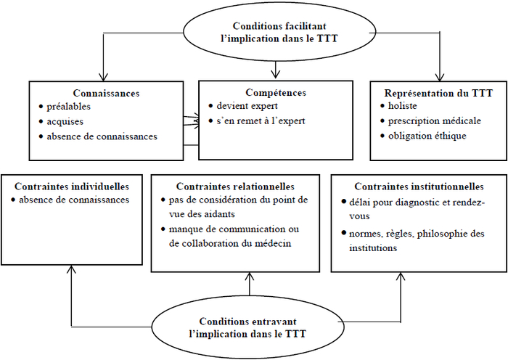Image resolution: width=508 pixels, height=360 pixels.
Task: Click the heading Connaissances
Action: click(106, 94)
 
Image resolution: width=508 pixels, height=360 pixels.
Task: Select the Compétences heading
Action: click(276, 93)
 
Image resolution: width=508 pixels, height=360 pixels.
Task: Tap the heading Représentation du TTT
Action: click(438, 93)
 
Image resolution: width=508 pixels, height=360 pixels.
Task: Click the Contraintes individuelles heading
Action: click(72, 187)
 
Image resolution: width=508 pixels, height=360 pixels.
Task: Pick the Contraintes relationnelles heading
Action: click(235, 187)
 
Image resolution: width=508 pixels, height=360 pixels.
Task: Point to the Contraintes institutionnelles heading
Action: click(419, 187)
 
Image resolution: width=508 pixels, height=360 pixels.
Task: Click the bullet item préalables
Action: click(69, 107)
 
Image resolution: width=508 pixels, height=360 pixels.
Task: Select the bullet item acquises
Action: click(65, 122)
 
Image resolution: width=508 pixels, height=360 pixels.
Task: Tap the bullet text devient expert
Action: click(247, 106)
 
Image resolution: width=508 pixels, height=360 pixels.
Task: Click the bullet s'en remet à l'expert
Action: click(261, 121)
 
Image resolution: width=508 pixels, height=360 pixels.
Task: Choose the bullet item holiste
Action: click(403, 106)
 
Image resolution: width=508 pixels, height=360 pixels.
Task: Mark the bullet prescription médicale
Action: click(435, 121)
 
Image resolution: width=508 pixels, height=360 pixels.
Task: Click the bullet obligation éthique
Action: click(427, 136)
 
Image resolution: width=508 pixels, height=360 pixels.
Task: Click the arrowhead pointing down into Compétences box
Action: click(275, 74)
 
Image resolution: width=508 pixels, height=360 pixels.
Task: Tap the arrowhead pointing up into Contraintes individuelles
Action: click(71, 269)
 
